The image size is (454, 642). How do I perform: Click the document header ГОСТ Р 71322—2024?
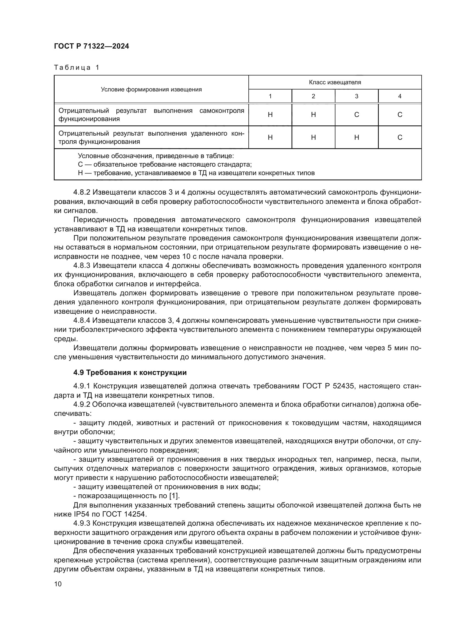[x=91, y=46]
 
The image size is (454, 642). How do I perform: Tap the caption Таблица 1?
[x=77, y=68]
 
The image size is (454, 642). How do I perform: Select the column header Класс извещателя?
[x=335, y=82]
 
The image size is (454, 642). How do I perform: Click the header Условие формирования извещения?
[x=151, y=89]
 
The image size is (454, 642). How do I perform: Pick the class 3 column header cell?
[x=357, y=96]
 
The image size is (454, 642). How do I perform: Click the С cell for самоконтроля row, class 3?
[x=357, y=115]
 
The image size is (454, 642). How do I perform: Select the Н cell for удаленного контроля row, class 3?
[x=357, y=137]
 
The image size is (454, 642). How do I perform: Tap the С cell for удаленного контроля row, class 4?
[x=400, y=137]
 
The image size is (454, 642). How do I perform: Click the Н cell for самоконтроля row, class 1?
[x=270, y=115]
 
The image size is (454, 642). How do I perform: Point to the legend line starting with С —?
[x=165, y=164]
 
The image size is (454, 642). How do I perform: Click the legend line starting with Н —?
[x=196, y=173]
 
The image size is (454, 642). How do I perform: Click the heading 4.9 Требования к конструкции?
[x=130, y=373]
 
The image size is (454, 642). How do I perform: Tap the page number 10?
[x=58, y=584]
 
